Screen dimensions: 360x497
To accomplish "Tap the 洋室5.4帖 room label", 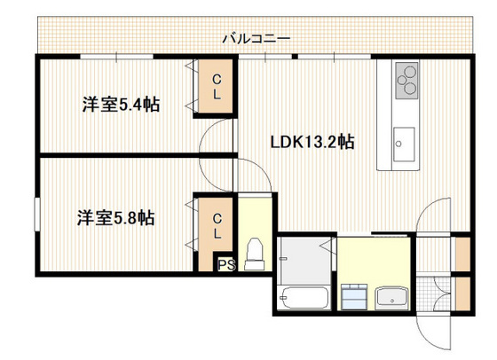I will [121, 105].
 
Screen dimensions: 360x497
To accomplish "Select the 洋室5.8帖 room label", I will [115, 217].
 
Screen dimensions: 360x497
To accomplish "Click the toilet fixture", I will [255, 253].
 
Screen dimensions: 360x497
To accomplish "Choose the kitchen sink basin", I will [404, 140].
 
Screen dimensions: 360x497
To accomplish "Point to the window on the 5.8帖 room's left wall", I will [37, 216].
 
